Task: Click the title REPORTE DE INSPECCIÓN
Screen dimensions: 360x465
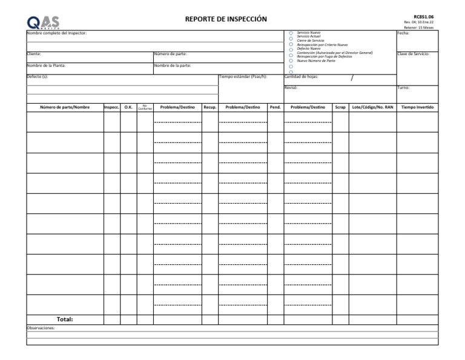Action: pos(226,19)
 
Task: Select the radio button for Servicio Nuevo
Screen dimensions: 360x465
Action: pos(291,33)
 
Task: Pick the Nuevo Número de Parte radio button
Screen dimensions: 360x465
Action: pos(291,61)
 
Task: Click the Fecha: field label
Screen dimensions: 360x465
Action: pos(403,33)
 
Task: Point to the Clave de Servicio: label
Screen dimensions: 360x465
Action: pos(414,54)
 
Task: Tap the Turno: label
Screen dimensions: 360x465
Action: pos(404,87)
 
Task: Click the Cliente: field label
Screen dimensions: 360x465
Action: pos(34,54)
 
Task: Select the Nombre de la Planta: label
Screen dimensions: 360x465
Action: pos(46,65)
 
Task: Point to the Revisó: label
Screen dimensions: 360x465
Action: pos(291,87)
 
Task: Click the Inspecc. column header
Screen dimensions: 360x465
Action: pos(111,107)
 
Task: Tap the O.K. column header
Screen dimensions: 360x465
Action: pos(128,107)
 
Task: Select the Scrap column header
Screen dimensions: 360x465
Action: pos(340,107)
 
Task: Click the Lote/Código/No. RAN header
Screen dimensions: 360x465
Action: pos(372,107)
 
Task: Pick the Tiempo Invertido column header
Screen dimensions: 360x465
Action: pos(417,107)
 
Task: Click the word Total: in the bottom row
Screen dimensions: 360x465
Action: pos(65,319)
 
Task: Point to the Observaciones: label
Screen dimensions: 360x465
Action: pos(41,328)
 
